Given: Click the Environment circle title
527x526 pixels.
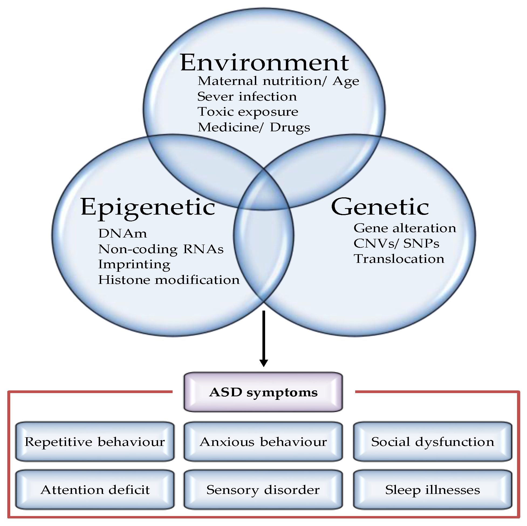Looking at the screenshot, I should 264,63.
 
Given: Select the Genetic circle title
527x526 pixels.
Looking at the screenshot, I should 380,207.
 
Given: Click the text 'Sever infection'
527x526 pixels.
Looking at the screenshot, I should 247,97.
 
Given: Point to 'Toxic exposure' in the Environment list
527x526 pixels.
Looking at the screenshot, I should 248,112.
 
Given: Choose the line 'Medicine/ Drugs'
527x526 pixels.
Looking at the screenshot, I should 254,127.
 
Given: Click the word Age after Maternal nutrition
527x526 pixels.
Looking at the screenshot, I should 345,81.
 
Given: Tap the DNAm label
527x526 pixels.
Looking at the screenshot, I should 122,233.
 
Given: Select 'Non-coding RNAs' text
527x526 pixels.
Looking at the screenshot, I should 161,249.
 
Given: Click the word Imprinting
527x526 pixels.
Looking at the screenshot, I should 134,264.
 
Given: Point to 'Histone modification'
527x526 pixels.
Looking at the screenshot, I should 169,280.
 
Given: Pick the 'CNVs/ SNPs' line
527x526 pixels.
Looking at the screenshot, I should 396,243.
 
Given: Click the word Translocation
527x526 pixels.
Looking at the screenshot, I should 399,259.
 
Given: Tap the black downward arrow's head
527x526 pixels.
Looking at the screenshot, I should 263,363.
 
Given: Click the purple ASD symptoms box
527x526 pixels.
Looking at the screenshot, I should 263,392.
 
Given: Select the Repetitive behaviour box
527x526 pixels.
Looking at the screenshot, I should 95,442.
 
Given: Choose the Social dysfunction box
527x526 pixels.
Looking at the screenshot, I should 433,442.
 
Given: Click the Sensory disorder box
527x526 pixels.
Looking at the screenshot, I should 263,490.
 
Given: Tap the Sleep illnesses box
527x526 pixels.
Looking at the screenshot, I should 433,490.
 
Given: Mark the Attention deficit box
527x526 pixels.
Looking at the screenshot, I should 95,490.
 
